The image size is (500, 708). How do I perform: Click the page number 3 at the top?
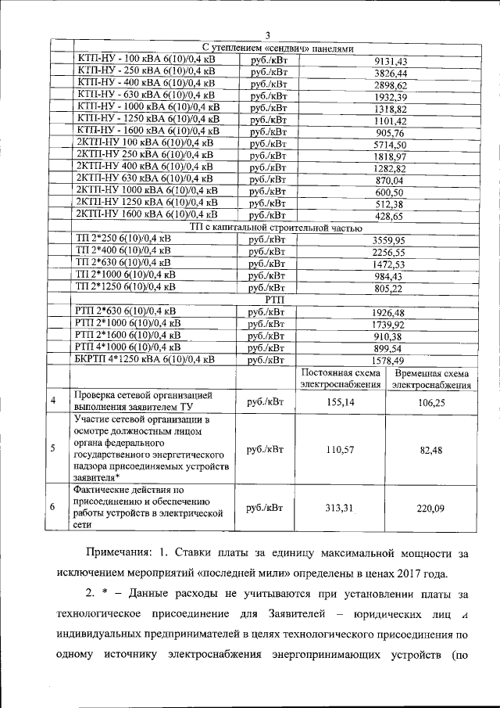coord(266,34)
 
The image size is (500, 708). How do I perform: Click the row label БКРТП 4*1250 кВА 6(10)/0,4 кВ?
coord(144,359)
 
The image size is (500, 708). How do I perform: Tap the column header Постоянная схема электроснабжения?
coord(341,378)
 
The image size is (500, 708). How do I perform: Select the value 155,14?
coord(340,401)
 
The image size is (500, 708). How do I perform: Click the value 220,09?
coord(430,508)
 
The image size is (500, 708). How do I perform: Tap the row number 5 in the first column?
coord(52,449)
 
